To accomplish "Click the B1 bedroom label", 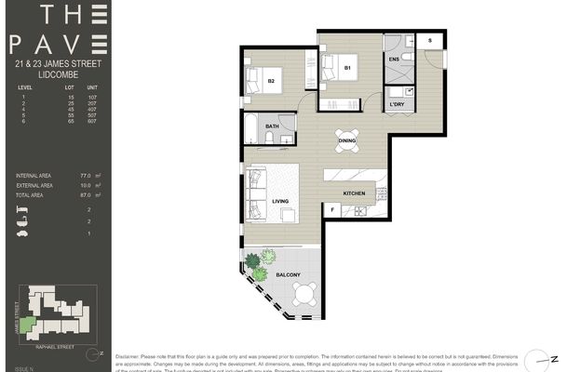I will click(346, 68).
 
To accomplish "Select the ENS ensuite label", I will click(394, 59).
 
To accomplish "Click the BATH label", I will click(272, 126).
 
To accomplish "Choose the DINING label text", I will click(346, 140).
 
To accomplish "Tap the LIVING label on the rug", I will click(279, 200).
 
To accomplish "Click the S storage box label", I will click(430, 42).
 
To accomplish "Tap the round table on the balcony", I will click(304, 294).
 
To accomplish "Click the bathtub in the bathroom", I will click(253, 126).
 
